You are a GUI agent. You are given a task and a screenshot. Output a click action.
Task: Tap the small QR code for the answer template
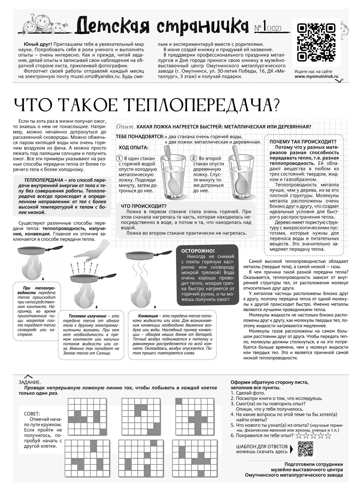tap(306, 449)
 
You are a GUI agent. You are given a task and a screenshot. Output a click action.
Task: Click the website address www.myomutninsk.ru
tap(316, 76)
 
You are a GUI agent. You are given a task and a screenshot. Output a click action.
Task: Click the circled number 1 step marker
tap(119, 158)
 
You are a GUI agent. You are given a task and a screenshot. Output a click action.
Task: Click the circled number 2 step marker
tap(194, 158)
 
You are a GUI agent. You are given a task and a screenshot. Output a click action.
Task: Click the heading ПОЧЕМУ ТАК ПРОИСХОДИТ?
tap(303, 142)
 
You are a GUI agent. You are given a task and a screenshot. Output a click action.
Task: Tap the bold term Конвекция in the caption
tap(148, 316)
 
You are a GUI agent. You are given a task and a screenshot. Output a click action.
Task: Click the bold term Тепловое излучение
tap(87, 316)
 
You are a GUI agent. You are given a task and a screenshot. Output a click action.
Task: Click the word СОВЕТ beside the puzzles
tap(32, 413)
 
